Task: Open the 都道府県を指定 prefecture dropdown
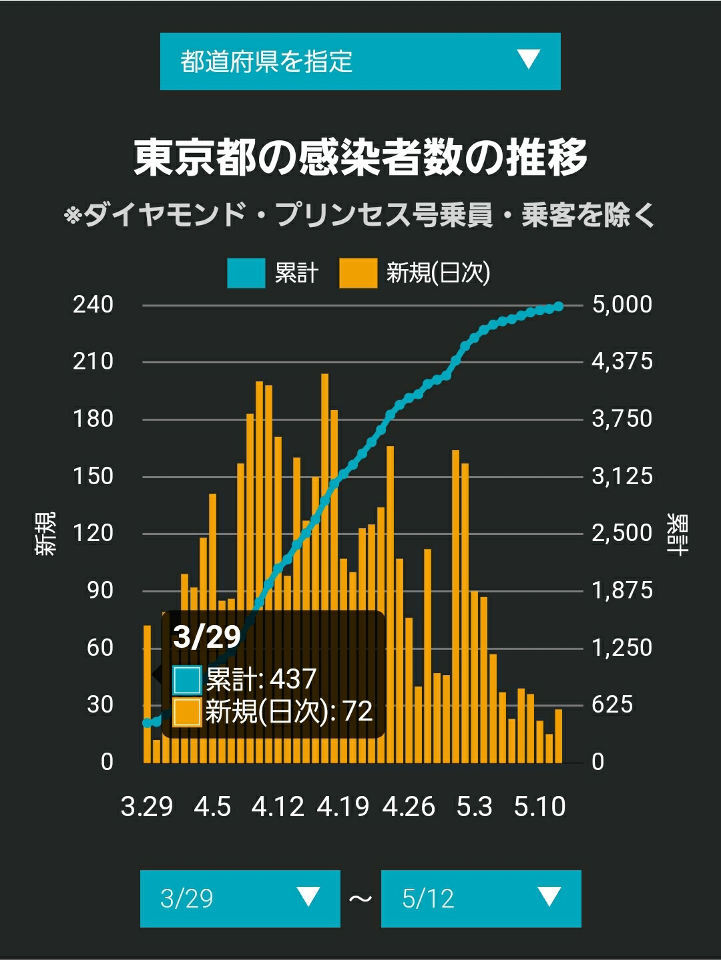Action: click(x=360, y=61)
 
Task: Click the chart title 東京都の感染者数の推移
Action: click(x=360, y=158)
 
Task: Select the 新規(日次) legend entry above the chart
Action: click(x=415, y=273)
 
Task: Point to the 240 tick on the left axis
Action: click(x=93, y=305)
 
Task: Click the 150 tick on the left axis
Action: click(x=93, y=476)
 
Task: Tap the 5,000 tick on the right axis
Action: click(x=622, y=305)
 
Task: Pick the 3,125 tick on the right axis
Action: click(x=622, y=476)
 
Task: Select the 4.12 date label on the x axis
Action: click(x=278, y=806)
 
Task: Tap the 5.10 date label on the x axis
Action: click(x=539, y=806)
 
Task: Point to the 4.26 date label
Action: click(x=409, y=806)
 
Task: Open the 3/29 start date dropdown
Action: click(x=240, y=898)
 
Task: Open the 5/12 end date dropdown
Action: click(x=481, y=898)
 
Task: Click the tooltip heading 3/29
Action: click(x=207, y=636)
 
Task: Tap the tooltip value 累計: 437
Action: click(x=245, y=679)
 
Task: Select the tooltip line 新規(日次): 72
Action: click(x=273, y=711)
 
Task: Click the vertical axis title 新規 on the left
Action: click(x=45, y=534)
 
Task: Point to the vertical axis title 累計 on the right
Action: click(x=677, y=534)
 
